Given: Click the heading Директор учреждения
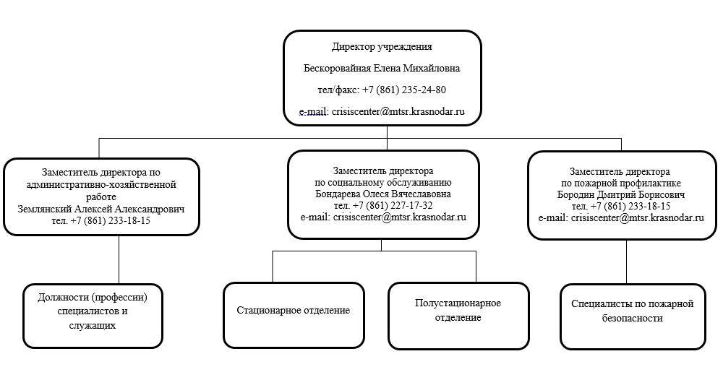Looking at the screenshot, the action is pos(382,46).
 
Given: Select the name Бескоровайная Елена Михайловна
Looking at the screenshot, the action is pos(382,68).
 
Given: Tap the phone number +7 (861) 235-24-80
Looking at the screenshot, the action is pos(404,90).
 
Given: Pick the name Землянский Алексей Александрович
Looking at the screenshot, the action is pos(101,209).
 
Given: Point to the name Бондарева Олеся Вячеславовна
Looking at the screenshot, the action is pos(383,194).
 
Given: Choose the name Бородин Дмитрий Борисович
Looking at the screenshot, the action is pos(621,194).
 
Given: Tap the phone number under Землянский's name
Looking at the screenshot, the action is pos(110,220).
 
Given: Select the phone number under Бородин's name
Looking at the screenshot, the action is pos(630,206).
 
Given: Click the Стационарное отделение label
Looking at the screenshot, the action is pos(294,310).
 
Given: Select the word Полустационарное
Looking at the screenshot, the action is pos(458,303).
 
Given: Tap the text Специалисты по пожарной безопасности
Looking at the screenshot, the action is pos(633,311).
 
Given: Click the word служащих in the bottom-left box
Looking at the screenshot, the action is pos(93,326).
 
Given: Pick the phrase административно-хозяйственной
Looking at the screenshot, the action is pos(101,185).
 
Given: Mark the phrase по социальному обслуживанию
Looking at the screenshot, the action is pos(383,182).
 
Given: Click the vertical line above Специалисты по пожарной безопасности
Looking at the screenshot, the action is pos(626,262).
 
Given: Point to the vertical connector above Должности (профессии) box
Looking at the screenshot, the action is pos(119,259).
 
